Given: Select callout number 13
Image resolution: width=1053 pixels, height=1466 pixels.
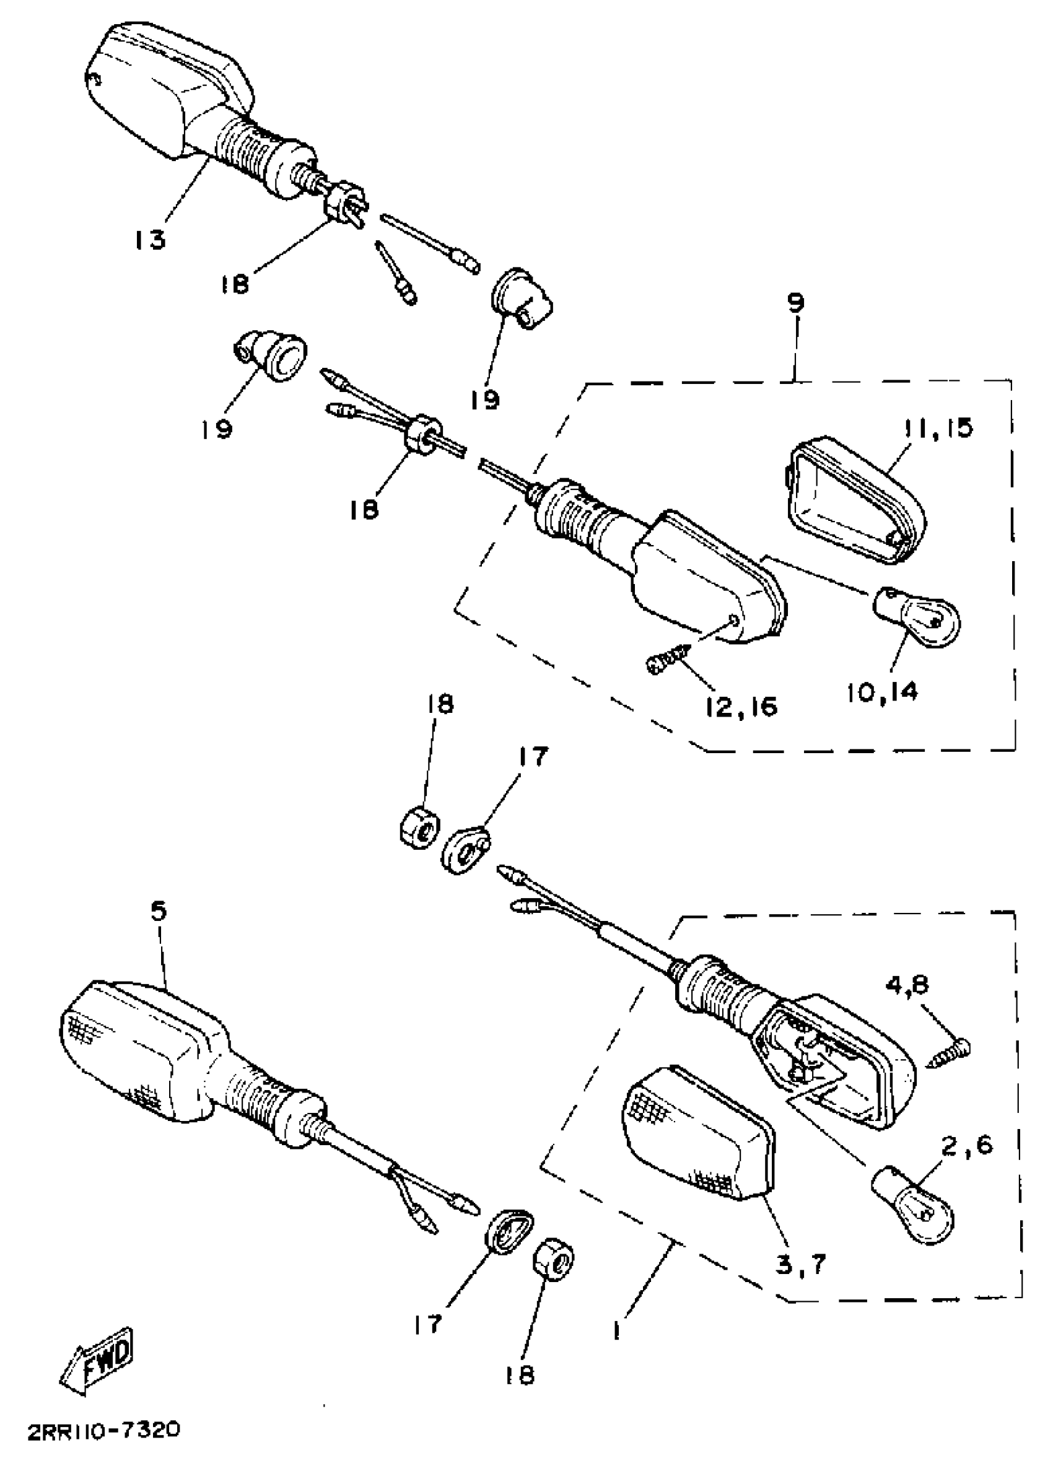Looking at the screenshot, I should tap(150, 239).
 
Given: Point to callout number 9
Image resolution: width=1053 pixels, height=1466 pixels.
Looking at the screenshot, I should tap(796, 302).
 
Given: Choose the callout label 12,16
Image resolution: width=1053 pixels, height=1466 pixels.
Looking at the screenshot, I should tap(742, 707).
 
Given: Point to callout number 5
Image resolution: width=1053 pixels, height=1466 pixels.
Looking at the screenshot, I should tap(159, 912).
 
